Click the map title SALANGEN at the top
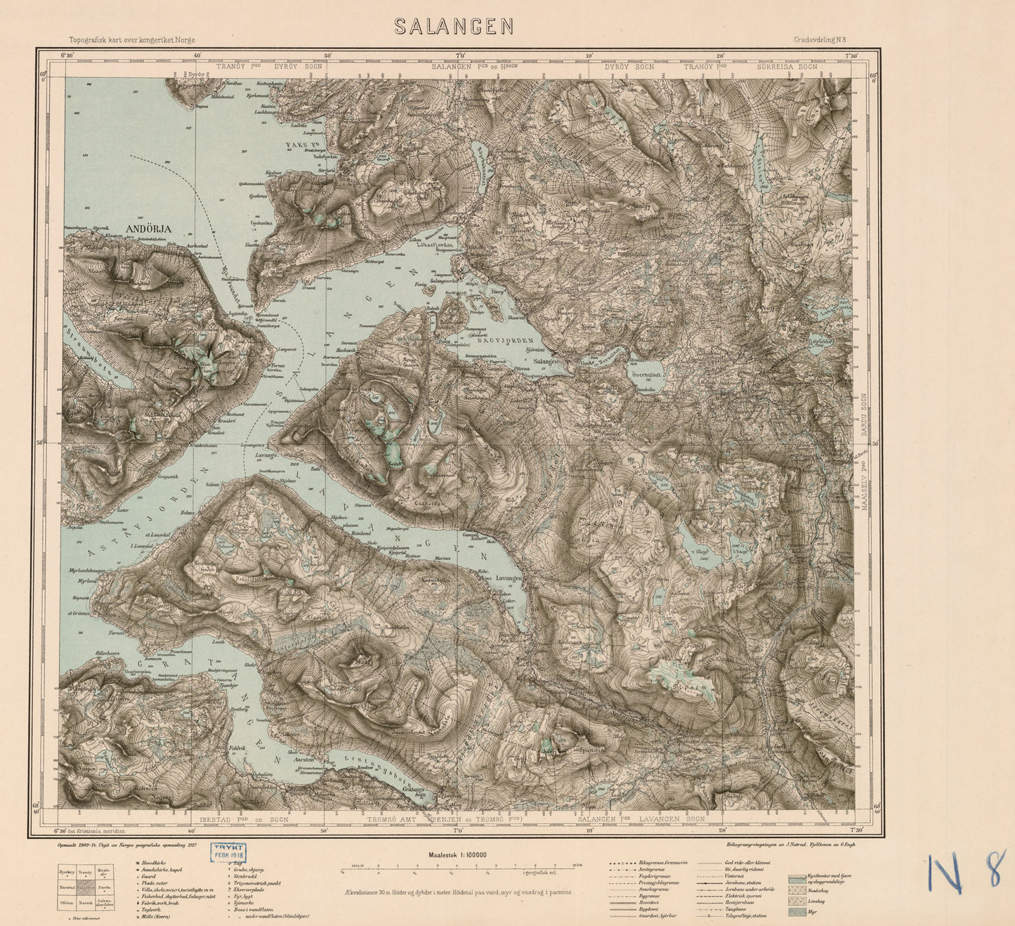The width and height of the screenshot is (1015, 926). click(x=453, y=27)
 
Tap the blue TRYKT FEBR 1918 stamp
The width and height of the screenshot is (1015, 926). click(x=227, y=853)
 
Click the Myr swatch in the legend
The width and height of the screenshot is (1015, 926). click(x=797, y=912)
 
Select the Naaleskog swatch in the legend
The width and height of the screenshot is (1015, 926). click(x=797, y=889)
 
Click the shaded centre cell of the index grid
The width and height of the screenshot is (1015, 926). click(x=85, y=887)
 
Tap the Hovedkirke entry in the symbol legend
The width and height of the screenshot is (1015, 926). click(x=156, y=862)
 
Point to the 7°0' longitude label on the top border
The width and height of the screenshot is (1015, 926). click(x=461, y=56)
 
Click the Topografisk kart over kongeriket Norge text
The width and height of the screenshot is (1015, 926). click(x=132, y=41)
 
